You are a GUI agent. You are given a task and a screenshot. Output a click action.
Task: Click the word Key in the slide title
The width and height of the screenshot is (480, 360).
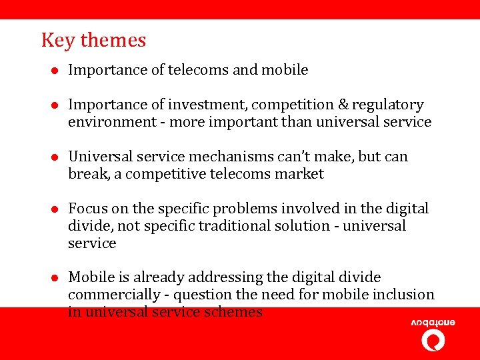[58, 41]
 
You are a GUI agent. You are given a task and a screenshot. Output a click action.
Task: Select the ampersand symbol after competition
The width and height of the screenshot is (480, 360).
[342, 105]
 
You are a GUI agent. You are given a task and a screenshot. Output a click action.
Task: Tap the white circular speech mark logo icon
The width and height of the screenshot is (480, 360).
[433, 341]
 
